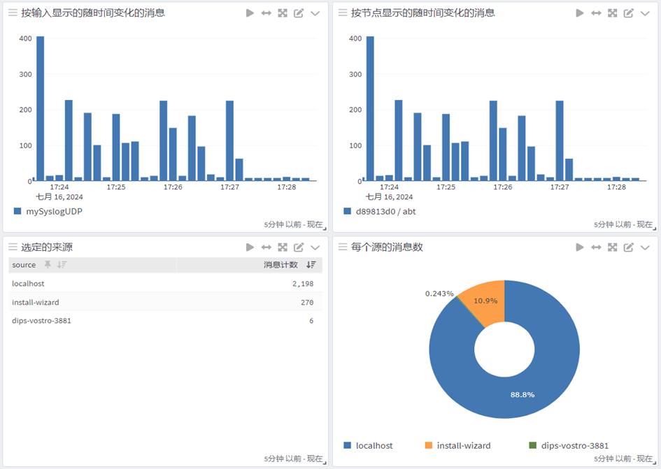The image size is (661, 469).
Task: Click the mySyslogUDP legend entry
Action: [53, 211]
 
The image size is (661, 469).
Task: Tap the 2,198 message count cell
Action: [302, 284]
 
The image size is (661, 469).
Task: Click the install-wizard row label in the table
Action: [36, 302]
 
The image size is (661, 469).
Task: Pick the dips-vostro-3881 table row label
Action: [41, 321]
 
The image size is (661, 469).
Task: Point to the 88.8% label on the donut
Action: [523, 395]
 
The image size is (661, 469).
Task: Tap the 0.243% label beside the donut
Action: [439, 294]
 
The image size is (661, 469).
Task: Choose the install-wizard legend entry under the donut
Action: [463, 445]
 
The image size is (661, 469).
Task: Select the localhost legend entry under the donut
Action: [374, 445]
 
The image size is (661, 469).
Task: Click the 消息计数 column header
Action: [280, 265]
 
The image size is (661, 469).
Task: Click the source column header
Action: [24, 265]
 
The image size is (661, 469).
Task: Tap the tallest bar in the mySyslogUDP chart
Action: [41, 108]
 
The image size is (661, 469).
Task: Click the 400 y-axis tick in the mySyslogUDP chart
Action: [25, 38]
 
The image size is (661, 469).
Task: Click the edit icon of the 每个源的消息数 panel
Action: [628, 247]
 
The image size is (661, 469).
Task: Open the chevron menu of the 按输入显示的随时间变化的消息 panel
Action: [315, 13]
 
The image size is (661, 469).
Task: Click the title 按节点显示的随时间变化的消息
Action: [422, 13]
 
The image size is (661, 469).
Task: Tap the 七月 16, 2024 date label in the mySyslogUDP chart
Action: [64, 197]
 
